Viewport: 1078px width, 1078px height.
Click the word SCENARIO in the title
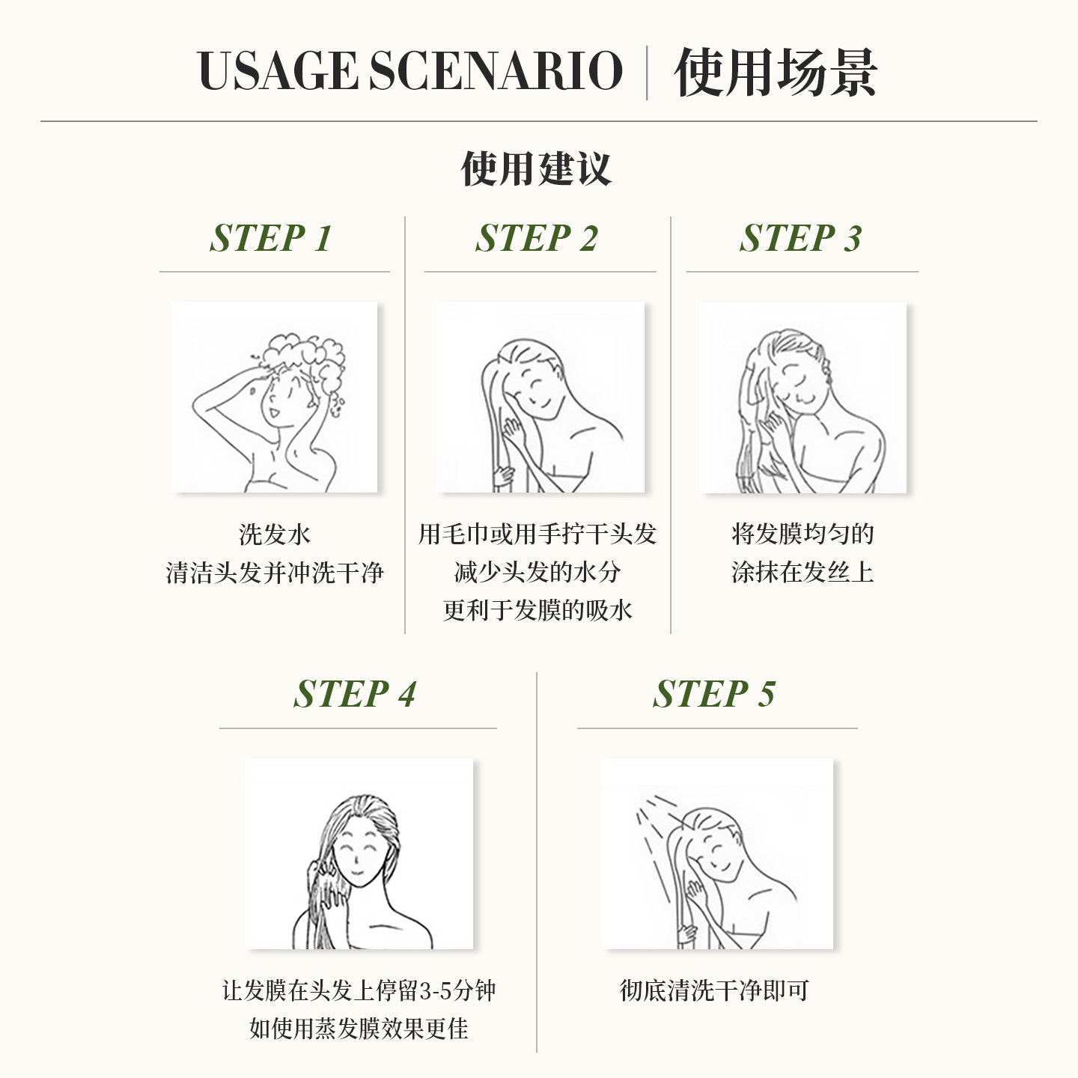pyautogui.click(x=496, y=72)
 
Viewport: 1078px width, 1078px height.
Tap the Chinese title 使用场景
pyautogui.click(x=775, y=73)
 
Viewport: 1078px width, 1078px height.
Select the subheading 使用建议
pyautogui.click(x=536, y=168)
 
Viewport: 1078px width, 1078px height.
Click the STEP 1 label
pyautogui.click(x=270, y=238)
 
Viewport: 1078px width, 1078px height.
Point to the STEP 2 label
pyautogui.click(x=537, y=238)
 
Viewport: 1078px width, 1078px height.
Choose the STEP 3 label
pyautogui.click(x=800, y=238)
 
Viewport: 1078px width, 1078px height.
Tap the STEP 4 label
pyautogui.click(x=354, y=694)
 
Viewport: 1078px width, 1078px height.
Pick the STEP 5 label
pyautogui.click(x=713, y=694)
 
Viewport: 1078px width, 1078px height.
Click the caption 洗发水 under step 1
pyautogui.click(x=274, y=535)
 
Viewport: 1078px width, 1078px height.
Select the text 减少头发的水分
pyautogui.click(x=537, y=573)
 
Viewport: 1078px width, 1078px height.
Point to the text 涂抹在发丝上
pyautogui.click(x=803, y=573)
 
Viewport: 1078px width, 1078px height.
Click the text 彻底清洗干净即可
pyautogui.click(x=714, y=990)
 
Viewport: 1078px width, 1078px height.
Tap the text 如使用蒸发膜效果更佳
pyautogui.click(x=359, y=1029)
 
